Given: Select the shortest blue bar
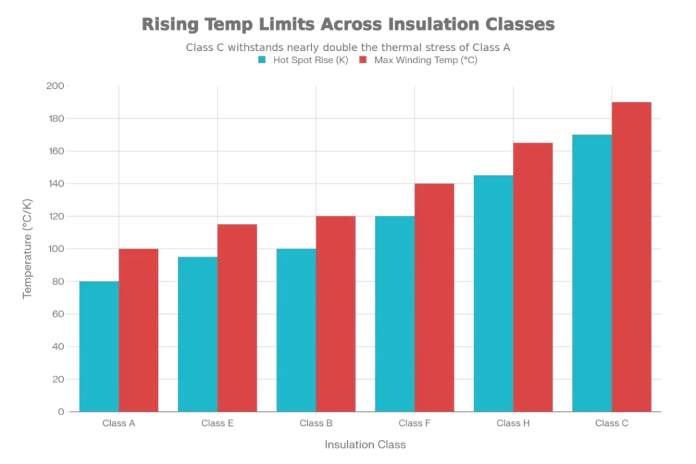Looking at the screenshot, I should coord(99,346).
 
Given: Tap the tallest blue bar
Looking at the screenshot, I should coord(592,272).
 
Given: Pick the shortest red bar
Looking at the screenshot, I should coord(139,330).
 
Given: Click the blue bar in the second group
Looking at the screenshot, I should coord(196,333).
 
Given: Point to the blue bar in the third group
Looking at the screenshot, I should coord(296,329).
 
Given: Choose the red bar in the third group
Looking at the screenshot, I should coord(336,313).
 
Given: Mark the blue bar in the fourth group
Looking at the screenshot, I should coord(394,313).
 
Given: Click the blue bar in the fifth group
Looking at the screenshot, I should coord(493,293).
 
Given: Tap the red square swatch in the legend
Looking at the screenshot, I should coord(362,59).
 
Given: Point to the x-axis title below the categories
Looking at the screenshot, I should coord(364,446).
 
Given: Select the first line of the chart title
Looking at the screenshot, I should coord(350,25).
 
